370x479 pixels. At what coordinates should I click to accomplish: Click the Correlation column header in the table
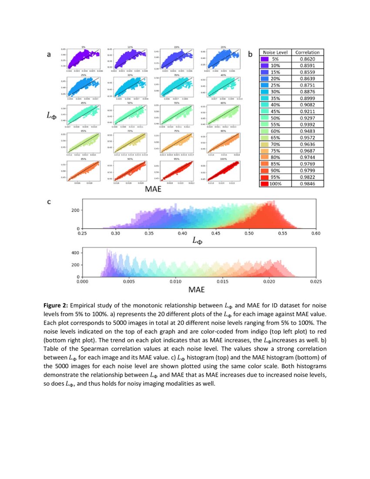(x=307, y=52)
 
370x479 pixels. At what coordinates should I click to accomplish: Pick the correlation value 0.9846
(x=307, y=184)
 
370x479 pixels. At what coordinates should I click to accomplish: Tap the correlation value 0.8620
(x=307, y=59)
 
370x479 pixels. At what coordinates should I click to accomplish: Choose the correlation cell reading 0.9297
(x=307, y=118)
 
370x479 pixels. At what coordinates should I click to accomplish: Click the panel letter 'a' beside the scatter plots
(x=49, y=54)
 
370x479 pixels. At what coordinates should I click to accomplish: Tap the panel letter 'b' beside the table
(x=250, y=54)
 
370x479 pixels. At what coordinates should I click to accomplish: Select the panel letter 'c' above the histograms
(x=49, y=202)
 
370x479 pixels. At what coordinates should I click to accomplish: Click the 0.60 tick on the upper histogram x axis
(x=316, y=234)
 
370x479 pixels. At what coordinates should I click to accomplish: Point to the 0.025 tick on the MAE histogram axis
(x=315, y=282)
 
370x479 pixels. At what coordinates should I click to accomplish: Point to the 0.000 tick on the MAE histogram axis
(x=82, y=282)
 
